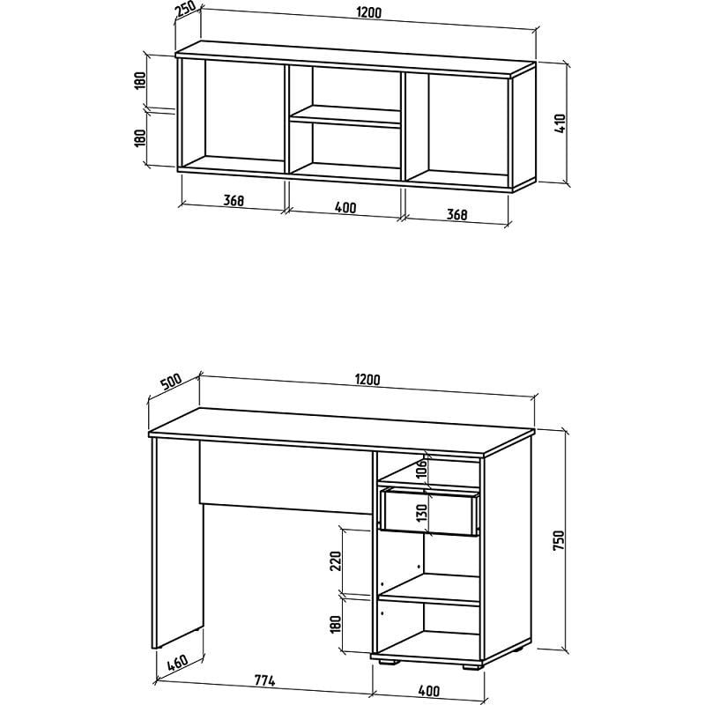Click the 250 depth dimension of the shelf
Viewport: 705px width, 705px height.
pyautogui.click(x=186, y=11)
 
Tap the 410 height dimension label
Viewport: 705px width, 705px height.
pyautogui.click(x=560, y=123)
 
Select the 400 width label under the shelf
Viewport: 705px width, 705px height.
pyautogui.click(x=345, y=207)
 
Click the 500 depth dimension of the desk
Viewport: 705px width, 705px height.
pyautogui.click(x=171, y=382)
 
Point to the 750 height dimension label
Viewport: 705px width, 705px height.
pyautogui.click(x=558, y=541)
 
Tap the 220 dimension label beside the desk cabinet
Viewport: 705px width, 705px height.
pyautogui.click(x=336, y=560)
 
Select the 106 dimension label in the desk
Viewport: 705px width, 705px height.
pyautogui.click(x=421, y=470)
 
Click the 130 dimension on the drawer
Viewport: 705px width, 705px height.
pyautogui.click(x=421, y=514)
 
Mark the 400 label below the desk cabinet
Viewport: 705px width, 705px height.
pyautogui.click(x=429, y=691)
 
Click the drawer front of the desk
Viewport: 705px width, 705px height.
pyautogui.click(x=429, y=513)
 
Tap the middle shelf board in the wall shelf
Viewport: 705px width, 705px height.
pyautogui.click(x=345, y=117)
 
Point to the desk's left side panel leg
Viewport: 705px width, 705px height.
pyautogui.click(x=177, y=543)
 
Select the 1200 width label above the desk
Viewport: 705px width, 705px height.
pyautogui.click(x=367, y=380)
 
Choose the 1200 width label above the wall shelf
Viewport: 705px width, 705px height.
pyautogui.click(x=368, y=12)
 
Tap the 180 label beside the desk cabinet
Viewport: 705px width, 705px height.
pyautogui.click(x=336, y=625)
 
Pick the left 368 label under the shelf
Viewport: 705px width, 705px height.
pyautogui.click(x=234, y=201)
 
